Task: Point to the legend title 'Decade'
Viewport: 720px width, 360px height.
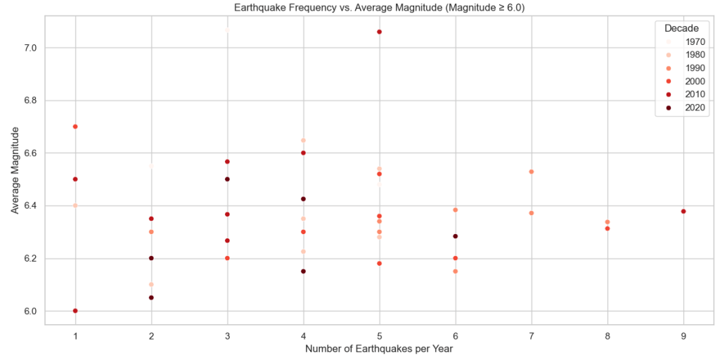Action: coord(681,28)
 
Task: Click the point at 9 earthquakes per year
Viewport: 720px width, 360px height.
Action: coord(683,212)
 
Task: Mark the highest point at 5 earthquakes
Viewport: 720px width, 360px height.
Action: coord(380,32)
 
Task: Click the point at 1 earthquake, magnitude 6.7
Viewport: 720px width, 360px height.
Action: coord(75,127)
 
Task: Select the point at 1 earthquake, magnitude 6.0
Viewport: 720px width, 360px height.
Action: coord(75,311)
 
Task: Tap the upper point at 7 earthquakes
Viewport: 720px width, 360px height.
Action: coord(532,172)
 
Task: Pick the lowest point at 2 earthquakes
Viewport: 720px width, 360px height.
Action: coord(151,297)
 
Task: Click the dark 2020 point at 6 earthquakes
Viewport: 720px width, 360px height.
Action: coord(456,236)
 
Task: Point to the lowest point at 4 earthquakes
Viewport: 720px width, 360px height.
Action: coord(303,271)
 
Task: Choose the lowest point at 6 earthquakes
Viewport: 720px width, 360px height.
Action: coord(456,271)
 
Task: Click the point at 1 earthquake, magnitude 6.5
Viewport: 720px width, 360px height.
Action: coord(75,179)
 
